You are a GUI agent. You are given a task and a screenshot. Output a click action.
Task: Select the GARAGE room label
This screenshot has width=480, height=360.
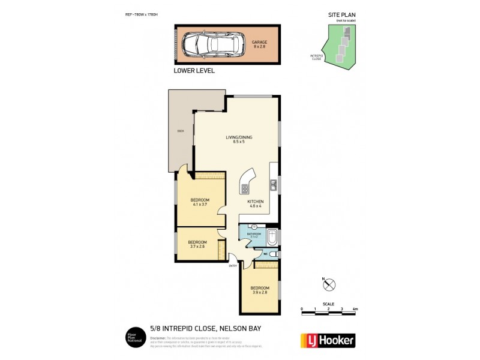pos(259,44)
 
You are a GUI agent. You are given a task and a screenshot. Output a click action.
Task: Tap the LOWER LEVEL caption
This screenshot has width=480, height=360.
pos(194,70)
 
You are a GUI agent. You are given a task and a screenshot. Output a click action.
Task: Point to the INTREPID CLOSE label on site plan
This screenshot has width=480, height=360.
pos(317,57)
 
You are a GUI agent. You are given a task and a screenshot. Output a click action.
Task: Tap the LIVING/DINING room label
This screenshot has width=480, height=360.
pos(239,139)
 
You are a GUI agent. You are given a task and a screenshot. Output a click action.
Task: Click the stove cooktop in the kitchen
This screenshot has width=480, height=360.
pos(245,189)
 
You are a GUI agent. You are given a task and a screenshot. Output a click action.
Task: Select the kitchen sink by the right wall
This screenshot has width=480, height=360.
pos(272,184)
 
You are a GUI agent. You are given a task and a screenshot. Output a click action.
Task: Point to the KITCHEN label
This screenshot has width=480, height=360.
pos(256,204)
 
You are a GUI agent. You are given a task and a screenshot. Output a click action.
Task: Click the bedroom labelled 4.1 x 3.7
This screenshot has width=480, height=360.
pos(200,202)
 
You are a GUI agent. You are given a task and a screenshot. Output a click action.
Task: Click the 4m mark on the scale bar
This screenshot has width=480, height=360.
pos(355,309)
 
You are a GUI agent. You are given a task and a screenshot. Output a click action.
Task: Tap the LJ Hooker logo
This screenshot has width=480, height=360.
pos(326,339)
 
